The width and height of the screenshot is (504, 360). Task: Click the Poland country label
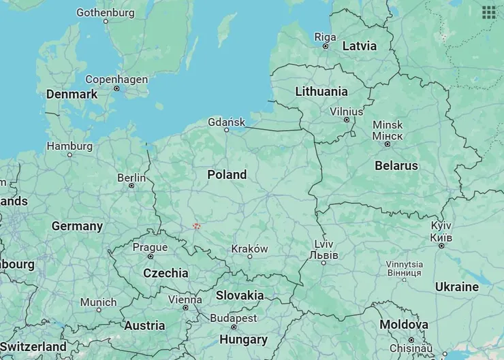(x=227, y=175)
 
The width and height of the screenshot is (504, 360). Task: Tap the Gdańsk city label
(x=227, y=122)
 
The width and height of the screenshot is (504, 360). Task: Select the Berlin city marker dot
(x=131, y=186)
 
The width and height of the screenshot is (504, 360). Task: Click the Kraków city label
(x=249, y=248)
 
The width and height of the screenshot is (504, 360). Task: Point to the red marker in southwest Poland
(x=197, y=226)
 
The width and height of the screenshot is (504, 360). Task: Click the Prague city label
(x=150, y=247)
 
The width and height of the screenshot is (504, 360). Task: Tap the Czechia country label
(x=166, y=273)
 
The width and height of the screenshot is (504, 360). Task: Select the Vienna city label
(x=185, y=299)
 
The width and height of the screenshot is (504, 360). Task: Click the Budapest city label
(x=234, y=318)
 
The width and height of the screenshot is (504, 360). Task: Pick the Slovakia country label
(x=240, y=295)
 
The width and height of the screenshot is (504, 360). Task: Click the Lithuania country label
(x=321, y=91)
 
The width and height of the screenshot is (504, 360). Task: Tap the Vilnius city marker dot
(x=347, y=120)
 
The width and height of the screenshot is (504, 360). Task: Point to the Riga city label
(x=325, y=37)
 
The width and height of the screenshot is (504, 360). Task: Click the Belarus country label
(x=396, y=165)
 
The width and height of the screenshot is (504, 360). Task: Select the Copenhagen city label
(x=116, y=80)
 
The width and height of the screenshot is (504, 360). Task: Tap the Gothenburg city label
(x=106, y=12)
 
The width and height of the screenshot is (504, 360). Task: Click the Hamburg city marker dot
(x=69, y=155)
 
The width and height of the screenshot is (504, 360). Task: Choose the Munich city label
(x=98, y=302)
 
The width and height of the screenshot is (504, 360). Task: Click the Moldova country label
(x=404, y=325)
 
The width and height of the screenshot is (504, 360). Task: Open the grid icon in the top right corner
(x=488, y=12)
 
